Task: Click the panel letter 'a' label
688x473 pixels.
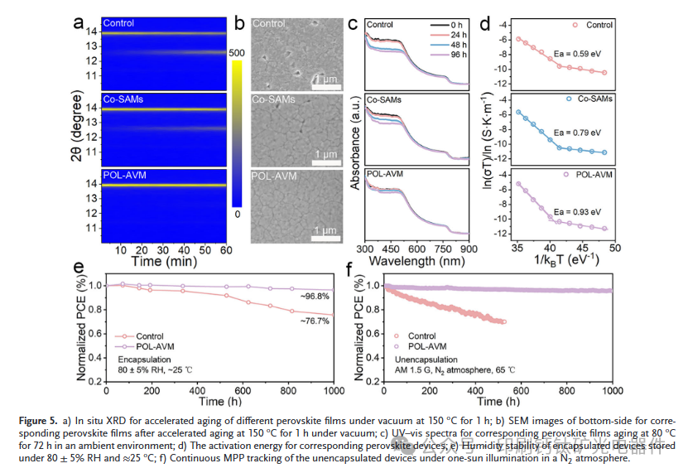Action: (x=79, y=23)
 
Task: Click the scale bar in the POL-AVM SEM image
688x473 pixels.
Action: (x=328, y=239)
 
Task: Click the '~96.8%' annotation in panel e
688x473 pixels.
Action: (x=318, y=296)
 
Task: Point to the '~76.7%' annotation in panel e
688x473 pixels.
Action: (x=318, y=321)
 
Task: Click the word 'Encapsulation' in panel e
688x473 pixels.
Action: (x=142, y=360)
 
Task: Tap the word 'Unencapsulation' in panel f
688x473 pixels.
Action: (x=421, y=360)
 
